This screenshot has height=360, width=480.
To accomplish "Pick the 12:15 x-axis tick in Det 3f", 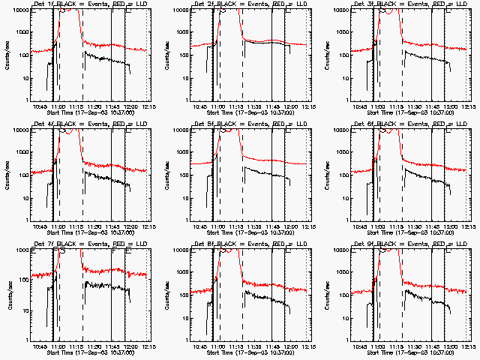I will click(469, 106).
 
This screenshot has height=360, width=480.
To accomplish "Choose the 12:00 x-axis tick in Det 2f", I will click(289, 106).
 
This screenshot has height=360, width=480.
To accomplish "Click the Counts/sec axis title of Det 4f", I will click(8, 175).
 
